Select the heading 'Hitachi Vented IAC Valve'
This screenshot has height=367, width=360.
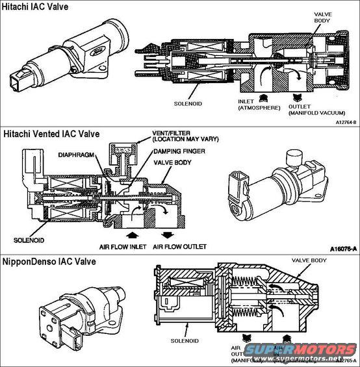(51, 134)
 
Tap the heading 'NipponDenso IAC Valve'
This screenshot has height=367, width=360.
(49, 261)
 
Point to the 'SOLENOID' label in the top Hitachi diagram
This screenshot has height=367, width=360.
(190, 103)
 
